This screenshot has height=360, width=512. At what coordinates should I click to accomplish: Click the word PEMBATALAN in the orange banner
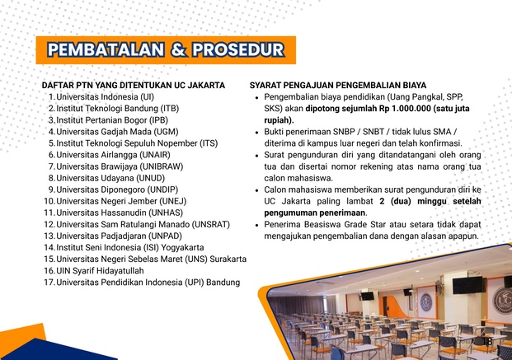[106, 50]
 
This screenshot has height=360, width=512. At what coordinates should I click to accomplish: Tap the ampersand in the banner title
[178, 50]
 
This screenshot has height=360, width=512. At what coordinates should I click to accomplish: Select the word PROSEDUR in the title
[238, 50]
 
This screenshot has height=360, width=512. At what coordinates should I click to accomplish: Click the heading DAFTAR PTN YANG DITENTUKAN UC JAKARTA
[134, 86]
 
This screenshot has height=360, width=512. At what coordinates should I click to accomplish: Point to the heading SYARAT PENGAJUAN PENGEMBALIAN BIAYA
[338, 86]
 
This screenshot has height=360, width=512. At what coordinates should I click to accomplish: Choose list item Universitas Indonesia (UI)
[106, 97]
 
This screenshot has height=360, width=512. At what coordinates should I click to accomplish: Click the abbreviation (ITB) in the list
[170, 109]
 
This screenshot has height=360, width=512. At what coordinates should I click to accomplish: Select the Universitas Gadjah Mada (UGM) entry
[117, 132]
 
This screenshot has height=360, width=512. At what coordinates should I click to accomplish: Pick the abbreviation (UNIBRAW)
[162, 166]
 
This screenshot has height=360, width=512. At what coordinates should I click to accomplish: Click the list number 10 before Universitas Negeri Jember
[49, 201]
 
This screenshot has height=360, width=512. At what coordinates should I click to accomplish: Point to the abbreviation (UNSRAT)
[210, 225]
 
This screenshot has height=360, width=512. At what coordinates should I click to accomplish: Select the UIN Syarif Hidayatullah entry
[100, 271]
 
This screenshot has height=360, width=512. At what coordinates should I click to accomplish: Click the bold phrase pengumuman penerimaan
[314, 213]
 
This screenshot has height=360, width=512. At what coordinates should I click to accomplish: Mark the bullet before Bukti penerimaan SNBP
[257, 133]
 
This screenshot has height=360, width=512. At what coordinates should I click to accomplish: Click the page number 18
[487, 341]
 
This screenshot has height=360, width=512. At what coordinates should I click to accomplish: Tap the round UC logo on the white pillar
[426, 302]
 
